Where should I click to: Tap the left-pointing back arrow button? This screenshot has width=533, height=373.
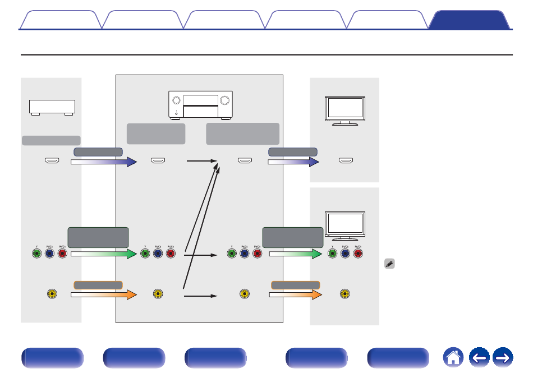click(x=478, y=357)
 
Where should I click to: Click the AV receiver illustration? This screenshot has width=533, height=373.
click(x=200, y=105)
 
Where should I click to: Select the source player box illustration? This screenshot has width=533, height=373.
click(x=52, y=107)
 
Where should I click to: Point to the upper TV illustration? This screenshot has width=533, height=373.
click(x=345, y=110)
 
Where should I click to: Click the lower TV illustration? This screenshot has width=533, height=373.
click(x=345, y=225)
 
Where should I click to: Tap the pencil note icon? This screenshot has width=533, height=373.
click(x=389, y=263)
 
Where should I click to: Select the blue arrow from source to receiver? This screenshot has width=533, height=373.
click(x=104, y=162)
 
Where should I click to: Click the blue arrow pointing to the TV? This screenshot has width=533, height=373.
click(x=293, y=162)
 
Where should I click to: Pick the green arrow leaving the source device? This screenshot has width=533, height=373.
click(x=104, y=254)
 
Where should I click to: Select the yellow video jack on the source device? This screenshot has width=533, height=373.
click(x=52, y=293)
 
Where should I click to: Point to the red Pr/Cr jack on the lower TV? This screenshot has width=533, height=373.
click(x=358, y=254)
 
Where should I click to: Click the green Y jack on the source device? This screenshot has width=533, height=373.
click(x=36, y=254)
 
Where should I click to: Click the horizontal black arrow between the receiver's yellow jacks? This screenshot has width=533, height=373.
click(x=200, y=294)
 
